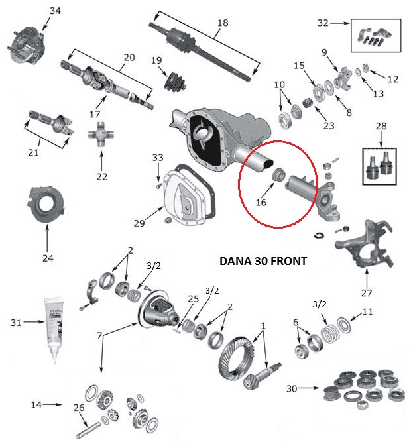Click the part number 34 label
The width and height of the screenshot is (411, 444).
tap(54, 11)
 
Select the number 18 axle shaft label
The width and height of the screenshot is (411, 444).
tap(222, 23)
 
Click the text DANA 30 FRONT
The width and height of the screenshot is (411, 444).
tap(263, 261)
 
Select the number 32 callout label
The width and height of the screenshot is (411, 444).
tap(323, 23)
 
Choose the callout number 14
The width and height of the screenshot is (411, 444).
tap(37, 404)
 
